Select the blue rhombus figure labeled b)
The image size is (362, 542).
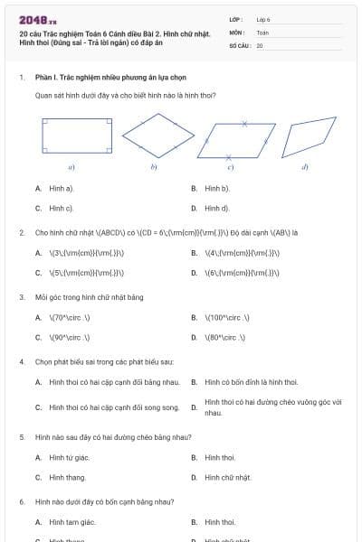[158, 136]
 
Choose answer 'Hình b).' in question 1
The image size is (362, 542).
[217, 189]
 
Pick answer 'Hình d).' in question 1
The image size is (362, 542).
[217, 208]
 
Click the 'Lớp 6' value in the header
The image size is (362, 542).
[263, 18]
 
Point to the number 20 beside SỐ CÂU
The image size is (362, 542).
[260, 45]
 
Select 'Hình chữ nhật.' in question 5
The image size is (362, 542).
[227, 477]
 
